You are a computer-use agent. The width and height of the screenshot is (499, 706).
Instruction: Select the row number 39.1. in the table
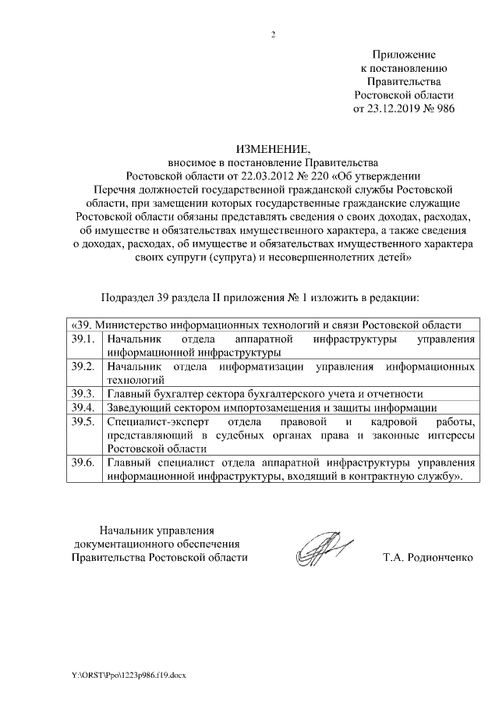coord(82,339)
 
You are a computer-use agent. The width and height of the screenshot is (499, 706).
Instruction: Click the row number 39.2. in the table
coord(82,366)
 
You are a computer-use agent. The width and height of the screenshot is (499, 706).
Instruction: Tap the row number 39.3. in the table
coord(82,393)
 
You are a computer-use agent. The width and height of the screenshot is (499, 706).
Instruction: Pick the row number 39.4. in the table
coord(82,407)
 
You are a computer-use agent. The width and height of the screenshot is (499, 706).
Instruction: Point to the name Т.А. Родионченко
coord(428,558)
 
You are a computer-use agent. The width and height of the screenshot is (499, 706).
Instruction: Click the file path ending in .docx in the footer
coord(130,672)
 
